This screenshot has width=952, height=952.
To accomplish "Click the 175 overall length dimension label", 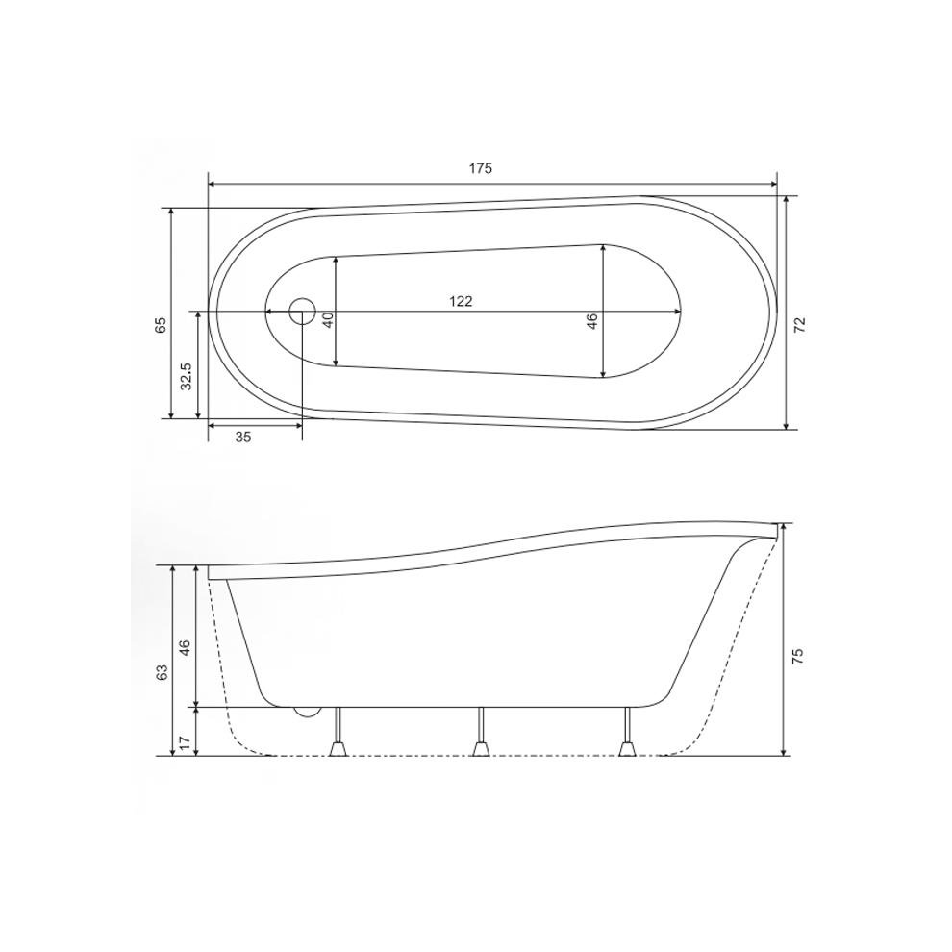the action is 480,168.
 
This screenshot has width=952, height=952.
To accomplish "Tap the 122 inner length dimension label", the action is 461,301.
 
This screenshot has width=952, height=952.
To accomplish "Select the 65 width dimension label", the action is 161,325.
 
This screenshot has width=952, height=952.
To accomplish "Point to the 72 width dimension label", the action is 800,324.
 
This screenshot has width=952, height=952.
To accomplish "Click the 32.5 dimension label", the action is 186,376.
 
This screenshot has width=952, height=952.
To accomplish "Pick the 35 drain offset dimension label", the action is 243,437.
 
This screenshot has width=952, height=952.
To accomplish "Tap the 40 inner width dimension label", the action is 328,320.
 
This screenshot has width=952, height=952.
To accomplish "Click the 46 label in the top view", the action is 592,320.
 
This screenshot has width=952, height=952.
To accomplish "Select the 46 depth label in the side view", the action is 186,647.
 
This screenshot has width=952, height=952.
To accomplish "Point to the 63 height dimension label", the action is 162,671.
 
